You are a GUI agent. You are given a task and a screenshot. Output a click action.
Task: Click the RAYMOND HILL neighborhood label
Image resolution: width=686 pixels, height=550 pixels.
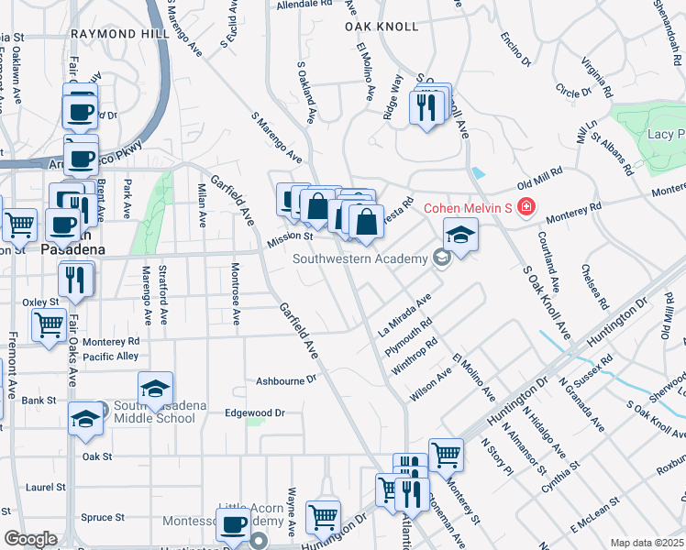point(119,33)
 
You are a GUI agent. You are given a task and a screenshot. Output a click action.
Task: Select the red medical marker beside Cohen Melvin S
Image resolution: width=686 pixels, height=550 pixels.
point(526,207)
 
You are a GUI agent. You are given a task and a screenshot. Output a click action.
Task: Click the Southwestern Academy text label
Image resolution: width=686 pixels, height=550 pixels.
point(360,258)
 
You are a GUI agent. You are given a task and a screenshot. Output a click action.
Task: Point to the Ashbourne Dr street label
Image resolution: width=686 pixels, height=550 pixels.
point(286,378)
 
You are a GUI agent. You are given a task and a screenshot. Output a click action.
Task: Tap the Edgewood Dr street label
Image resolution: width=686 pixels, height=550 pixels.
point(255,413)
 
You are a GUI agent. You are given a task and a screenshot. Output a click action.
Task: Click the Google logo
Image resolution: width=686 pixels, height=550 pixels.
point(30,539)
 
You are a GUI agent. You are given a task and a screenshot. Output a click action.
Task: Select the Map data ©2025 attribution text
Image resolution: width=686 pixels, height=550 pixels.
point(647,543)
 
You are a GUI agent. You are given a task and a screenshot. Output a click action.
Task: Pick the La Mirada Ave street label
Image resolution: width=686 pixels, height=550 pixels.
point(404,315)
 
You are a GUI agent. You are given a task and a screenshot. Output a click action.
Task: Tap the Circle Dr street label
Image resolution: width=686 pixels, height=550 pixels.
point(574,92)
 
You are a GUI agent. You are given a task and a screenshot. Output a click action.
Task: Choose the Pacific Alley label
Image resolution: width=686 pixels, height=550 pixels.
point(110,356)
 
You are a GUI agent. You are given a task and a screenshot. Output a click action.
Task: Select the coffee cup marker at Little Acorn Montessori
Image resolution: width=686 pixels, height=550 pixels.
point(235,523)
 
